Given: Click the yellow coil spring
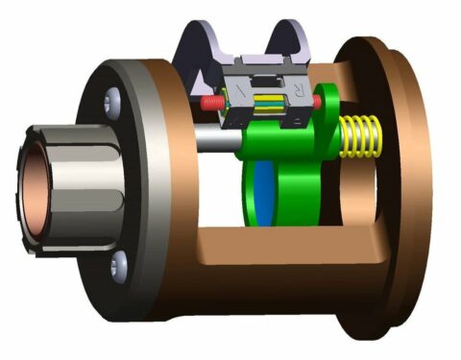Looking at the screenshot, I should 357,134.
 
